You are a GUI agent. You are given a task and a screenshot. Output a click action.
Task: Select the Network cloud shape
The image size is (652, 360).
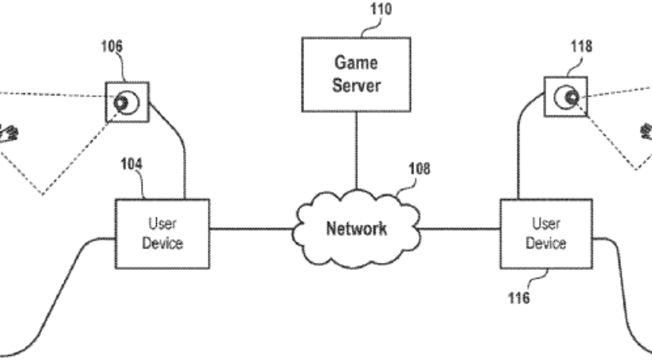pos(356,228)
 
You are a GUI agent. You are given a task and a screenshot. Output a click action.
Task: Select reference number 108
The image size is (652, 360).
pos(420,169)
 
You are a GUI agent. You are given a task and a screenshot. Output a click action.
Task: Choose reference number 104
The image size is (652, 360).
pos(131,164)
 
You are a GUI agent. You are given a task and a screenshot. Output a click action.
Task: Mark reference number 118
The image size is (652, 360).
pos(581,46)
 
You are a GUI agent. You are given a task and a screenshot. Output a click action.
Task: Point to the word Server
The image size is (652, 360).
pos(356,84)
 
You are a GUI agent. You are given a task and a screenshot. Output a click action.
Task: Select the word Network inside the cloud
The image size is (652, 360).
pos(356,229)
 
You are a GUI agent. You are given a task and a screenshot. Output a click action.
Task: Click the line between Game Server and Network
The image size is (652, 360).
pos(355,151)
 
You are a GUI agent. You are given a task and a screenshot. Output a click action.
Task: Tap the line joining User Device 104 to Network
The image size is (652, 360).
pos(252,231)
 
